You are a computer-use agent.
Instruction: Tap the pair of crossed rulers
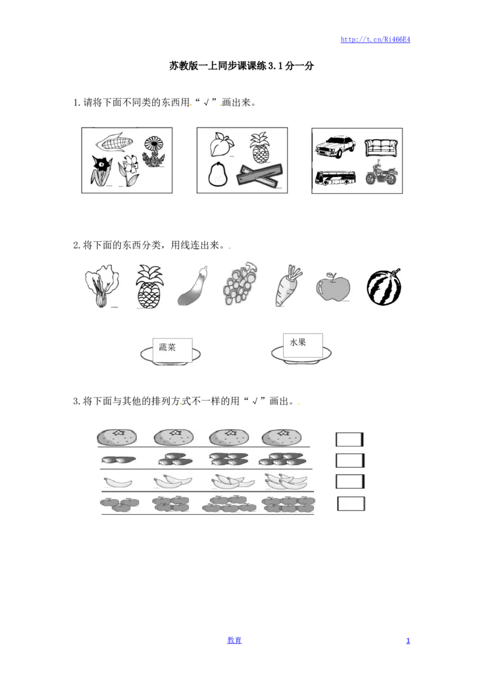point(259,176)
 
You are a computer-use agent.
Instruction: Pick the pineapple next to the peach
point(260,149)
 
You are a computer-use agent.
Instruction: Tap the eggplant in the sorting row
point(193,286)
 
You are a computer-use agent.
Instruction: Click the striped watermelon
point(385,287)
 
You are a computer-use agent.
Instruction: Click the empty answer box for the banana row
point(350,482)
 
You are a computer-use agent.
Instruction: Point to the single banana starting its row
point(118,482)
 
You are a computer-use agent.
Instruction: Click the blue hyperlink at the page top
point(375,40)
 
